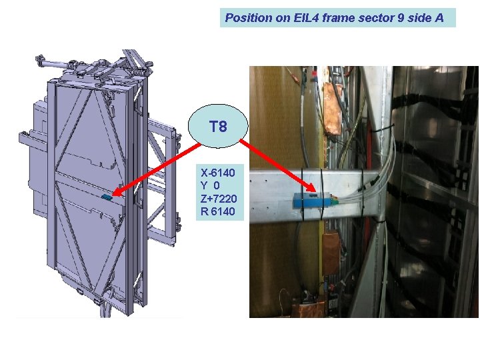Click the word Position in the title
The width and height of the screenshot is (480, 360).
[x=249, y=18]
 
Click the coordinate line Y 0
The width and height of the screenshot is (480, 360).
[x=215, y=185]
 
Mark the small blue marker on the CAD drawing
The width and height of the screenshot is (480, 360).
[x=107, y=198]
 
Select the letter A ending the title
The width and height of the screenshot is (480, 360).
[x=439, y=18]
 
